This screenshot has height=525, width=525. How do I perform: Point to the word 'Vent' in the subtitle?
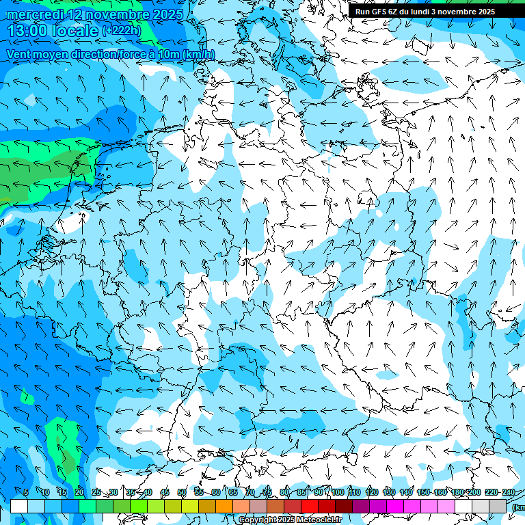[x=21, y=54]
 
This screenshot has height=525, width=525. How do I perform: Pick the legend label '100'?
[x=338, y=492]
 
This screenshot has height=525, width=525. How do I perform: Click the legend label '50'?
[x=182, y=492]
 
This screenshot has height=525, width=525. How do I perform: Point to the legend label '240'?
[x=508, y=492]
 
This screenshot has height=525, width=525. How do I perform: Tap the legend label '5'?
[x=26, y=492]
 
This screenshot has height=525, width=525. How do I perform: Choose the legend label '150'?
[x=423, y=492]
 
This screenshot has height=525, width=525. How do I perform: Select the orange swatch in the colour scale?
[x=224, y=506]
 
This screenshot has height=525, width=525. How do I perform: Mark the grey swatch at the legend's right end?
[x=498, y=506]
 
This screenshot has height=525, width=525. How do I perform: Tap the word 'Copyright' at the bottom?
[x=258, y=520]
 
